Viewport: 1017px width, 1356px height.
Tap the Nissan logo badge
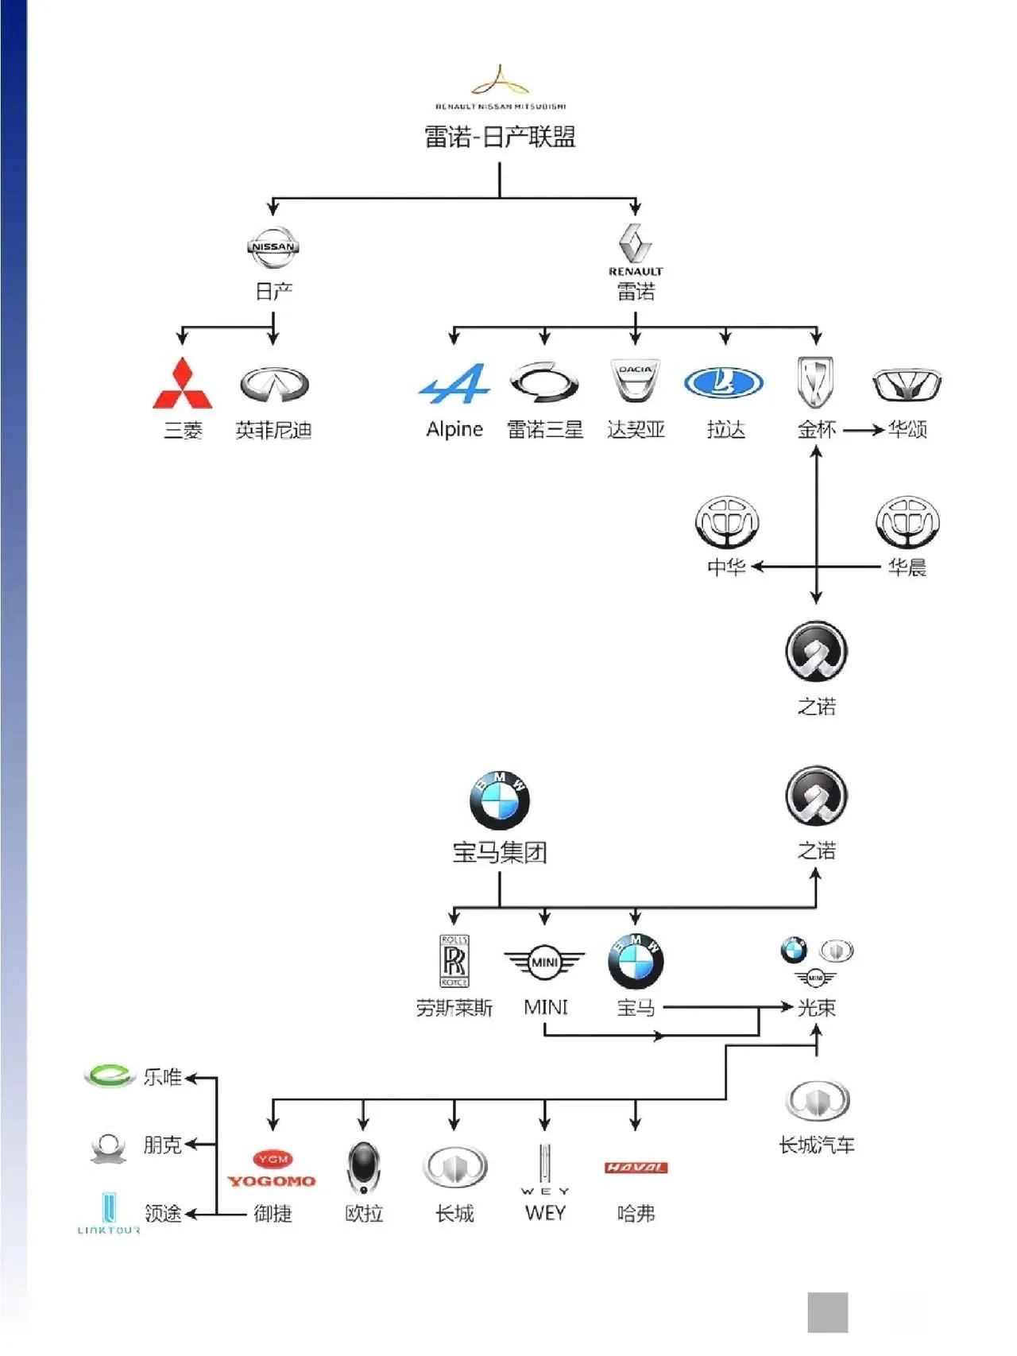(x=273, y=247)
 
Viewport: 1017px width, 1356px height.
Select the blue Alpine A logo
(x=454, y=385)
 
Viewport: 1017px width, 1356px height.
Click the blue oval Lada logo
(x=724, y=383)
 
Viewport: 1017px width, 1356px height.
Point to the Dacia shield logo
(x=635, y=381)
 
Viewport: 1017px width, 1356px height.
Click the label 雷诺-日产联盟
(x=500, y=137)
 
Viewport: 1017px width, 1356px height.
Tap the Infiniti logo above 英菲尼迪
(x=273, y=385)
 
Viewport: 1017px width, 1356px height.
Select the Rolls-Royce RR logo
(x=454, y=960)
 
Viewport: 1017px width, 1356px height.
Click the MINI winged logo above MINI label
(x=544, y=963)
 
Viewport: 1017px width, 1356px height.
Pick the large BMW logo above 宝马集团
(x=500, y=800)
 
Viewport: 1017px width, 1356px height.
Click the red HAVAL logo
(x=636, y=1168)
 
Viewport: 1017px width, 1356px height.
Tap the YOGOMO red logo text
(x=272, y=1180)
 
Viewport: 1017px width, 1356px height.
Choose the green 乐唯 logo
(x=109, y=1075)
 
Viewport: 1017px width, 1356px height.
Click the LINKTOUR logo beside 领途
(x=109, y=1213)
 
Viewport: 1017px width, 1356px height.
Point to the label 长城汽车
(x=816, y=1145)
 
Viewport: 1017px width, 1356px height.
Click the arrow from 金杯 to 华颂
(x=864, y=430)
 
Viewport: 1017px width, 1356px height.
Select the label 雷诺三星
(x=545, y=430)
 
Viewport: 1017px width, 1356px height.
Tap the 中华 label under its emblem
(x=726, y=567)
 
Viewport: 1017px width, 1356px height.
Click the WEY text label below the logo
(x=545, y=1213)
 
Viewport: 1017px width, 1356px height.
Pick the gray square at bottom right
(x=827, y=1311)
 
